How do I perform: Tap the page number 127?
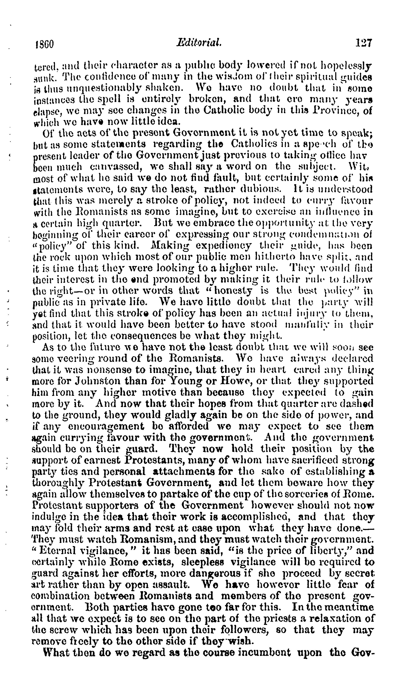pos(363,43)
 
